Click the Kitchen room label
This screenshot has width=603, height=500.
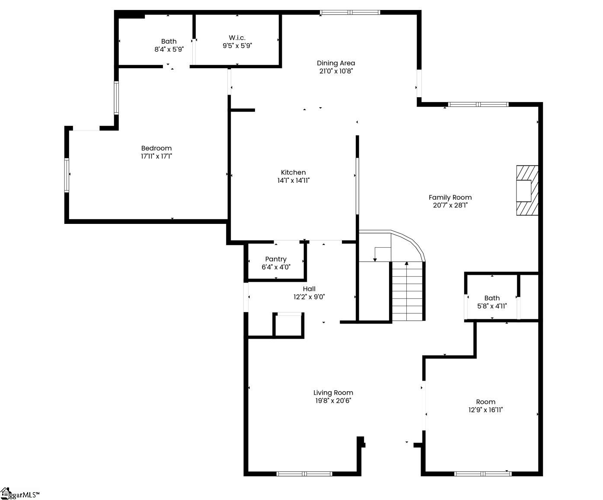tap(293, 172)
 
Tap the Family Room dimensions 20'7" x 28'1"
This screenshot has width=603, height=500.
tap(450, 205)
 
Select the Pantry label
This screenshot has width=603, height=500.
tap(276, 259)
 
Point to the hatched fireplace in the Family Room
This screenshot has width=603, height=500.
tap(527, 190)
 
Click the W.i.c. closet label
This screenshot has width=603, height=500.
tap(237, 38)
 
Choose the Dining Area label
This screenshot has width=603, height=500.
tap(336, 63)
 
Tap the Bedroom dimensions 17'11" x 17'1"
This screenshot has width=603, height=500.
tap(156, 156)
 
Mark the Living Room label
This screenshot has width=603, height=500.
tap(333, 392)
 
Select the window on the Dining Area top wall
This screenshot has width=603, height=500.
tap(350, 12)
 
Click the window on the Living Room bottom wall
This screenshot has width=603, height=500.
tap(304, 474)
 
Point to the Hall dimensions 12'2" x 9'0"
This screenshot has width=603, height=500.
tap(309, 297)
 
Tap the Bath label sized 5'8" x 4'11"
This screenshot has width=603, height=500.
tap(492, 298)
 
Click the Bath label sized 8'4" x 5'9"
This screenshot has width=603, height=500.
tap(169, 41)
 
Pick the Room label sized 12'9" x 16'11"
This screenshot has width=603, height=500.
tap(486, 402)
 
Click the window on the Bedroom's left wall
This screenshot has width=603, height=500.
tap(67, 175)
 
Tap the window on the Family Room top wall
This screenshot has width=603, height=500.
tap(478, 105)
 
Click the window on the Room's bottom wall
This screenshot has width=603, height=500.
tap(483, 474)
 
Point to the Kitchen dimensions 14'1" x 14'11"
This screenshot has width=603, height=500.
tap(294, 181)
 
